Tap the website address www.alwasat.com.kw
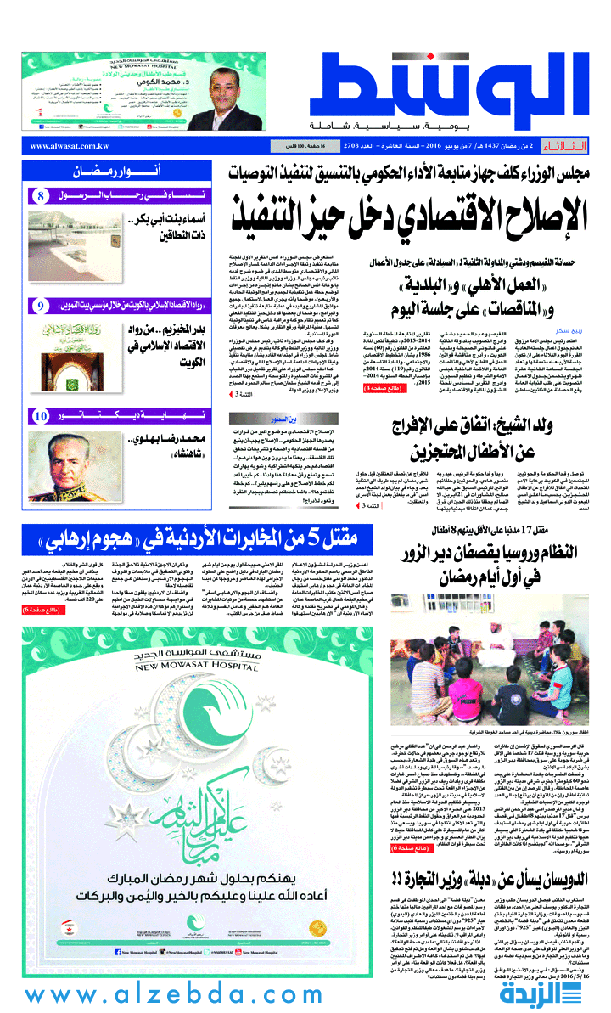[70, 146]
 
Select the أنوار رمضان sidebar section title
[109, 172]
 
